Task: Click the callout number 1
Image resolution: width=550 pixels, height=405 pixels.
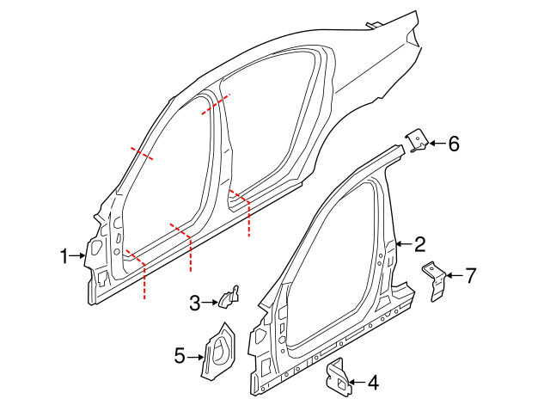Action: point(64,255)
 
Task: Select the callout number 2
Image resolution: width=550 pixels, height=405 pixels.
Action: point(419,244)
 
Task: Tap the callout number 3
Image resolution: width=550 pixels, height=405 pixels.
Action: point(195,302)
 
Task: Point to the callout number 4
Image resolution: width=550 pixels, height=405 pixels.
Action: point(373,382)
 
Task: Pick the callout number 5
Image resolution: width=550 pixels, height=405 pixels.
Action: point(180,354)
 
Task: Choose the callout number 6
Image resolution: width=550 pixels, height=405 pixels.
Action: point(454,143)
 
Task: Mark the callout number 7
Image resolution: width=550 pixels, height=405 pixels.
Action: point(470,276)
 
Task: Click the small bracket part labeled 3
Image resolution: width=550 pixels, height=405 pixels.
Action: point(229,297)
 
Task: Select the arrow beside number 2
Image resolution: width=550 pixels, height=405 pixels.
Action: point(404,245)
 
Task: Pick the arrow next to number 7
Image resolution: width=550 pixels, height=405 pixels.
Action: point(455,276)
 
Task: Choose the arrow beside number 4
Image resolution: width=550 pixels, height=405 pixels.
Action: point(357,382)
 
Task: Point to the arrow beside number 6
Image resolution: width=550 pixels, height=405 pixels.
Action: point(437,143)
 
